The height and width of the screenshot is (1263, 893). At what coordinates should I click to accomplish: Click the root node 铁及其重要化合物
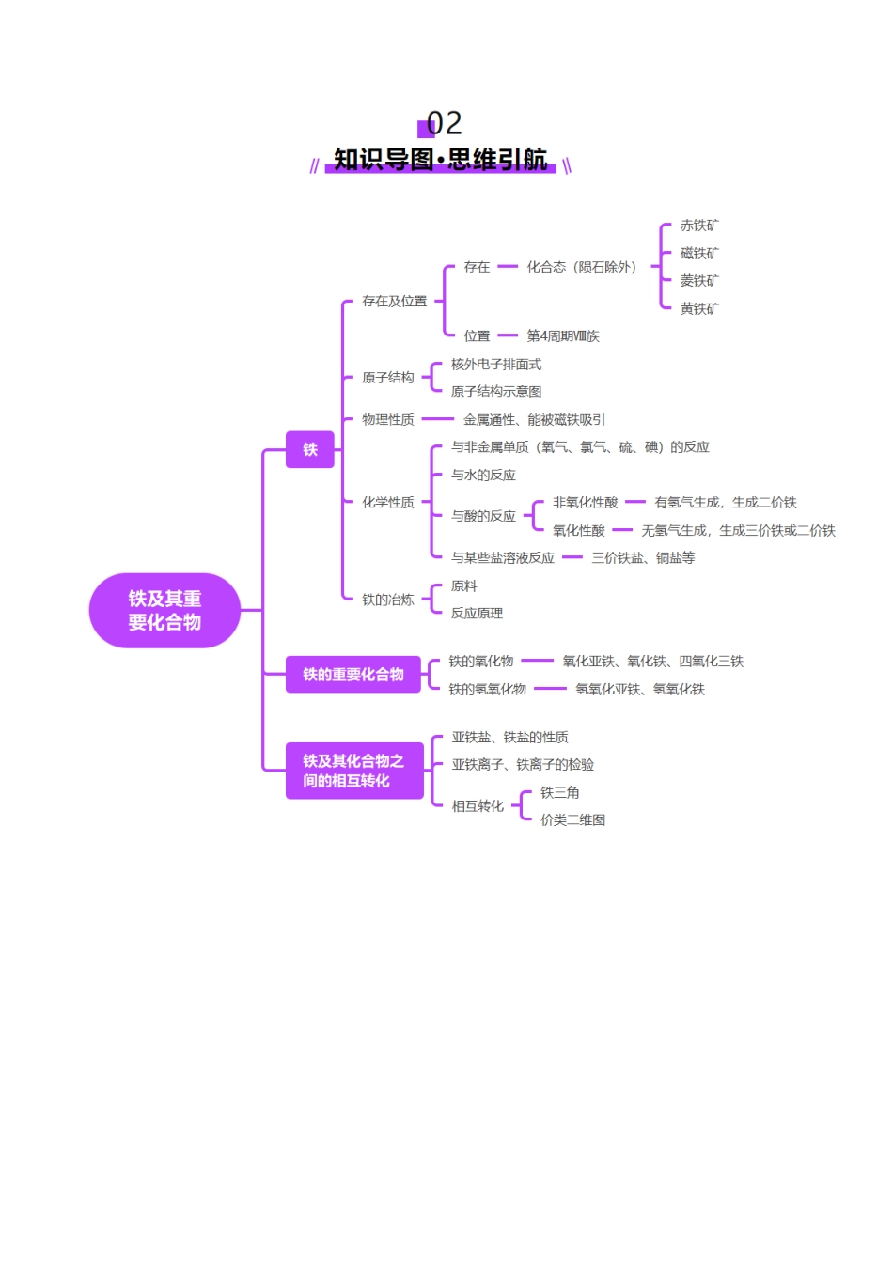pyautogui.click(x=164, y=610)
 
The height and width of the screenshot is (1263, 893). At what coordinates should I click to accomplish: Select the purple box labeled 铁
pyautogui.click(x=309, y=449)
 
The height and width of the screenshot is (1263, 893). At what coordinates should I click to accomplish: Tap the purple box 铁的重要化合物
pyautogui.click(x=353, y=674)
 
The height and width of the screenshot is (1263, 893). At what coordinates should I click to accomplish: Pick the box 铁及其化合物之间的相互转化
pyautogui.click(x=354, y=771)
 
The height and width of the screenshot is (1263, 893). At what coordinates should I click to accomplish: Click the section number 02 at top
pyautogui.click(x=444, y=123)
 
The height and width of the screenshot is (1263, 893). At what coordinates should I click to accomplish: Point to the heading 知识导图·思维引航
pyautogui.click(x=441, y=159)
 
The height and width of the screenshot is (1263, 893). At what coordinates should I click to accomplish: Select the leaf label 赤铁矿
pyautogui.click(x=699, y=226)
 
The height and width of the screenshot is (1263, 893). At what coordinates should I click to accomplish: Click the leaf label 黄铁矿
pyautogui.click(x=699, y=308)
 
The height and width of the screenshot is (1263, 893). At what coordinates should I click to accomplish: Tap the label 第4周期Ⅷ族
pyautogui.click(x=563, y=336)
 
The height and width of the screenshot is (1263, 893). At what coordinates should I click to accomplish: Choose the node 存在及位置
pyautogui.click(x=394, y=301)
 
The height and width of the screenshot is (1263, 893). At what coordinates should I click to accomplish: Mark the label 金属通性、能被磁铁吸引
pyautogui.click(x=534, y=419)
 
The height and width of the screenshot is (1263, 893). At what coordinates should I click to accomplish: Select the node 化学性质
pyautogui.click(x=387, y=502)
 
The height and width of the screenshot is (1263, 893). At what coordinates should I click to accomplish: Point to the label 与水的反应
pyautogui.click(x=483, y=475)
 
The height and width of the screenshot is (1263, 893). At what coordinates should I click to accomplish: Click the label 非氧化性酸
pyautogui.click(x=585, y=502)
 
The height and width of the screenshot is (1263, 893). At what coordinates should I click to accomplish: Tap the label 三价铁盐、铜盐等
pyautogui.click(x=643, y=557)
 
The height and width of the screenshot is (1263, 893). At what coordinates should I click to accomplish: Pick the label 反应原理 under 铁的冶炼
pyautogui.click(x=477, y=613)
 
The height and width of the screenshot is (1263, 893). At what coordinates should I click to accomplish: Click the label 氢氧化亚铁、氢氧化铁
pyautogui.click(x=640, y=689)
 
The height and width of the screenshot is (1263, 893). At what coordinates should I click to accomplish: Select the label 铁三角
pyautogui.click(x=559, y=792)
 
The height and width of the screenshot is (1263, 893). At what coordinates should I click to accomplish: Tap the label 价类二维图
pyautogui.click(x=572, y=819)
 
